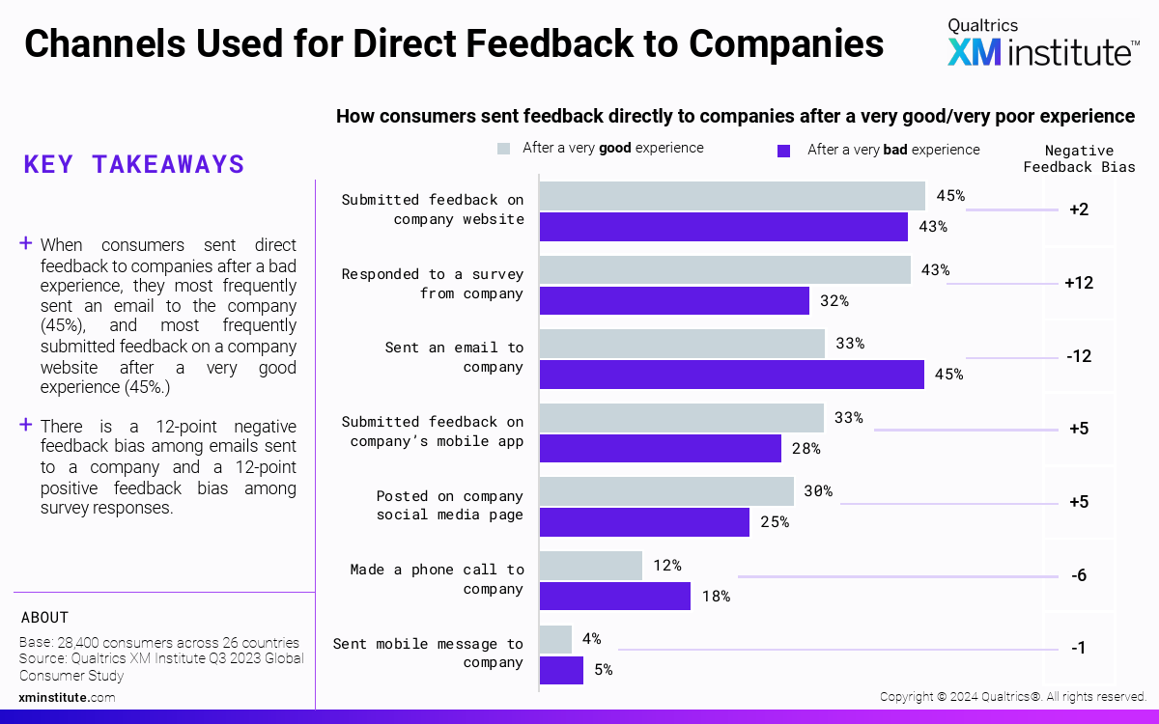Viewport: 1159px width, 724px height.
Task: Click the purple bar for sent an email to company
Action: (731, 375)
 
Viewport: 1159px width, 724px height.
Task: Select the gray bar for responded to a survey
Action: (724, 269)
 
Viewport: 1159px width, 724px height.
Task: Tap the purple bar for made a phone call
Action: (614, 596)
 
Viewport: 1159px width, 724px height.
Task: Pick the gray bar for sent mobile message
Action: (555, 638)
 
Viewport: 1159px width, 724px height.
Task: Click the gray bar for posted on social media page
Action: (666, 491)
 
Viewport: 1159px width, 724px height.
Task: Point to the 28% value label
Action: (806, 448)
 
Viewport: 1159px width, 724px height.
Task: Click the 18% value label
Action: (716, 597)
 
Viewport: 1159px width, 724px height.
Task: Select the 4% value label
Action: (591, 638)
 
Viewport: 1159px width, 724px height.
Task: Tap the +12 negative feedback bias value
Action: (1079, 283)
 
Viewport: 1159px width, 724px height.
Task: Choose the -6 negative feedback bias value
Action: (1079, 575)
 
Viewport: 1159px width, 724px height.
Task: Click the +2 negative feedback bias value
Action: (1079, 209)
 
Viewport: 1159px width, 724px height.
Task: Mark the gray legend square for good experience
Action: (503, 149)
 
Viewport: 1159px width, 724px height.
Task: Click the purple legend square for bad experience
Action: (784, 151)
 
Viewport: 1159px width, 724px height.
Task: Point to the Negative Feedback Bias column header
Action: (1079, 158)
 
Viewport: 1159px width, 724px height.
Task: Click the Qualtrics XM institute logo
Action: (1041, 42)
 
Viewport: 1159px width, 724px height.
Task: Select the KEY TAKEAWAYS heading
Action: (134, 164)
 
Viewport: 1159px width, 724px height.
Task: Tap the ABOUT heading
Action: (44, 618)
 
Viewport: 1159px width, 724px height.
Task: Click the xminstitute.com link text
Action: (67, 697)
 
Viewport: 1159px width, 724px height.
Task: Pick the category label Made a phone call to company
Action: (437, 579)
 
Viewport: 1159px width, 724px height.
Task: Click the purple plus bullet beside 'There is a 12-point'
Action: (26, 425)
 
